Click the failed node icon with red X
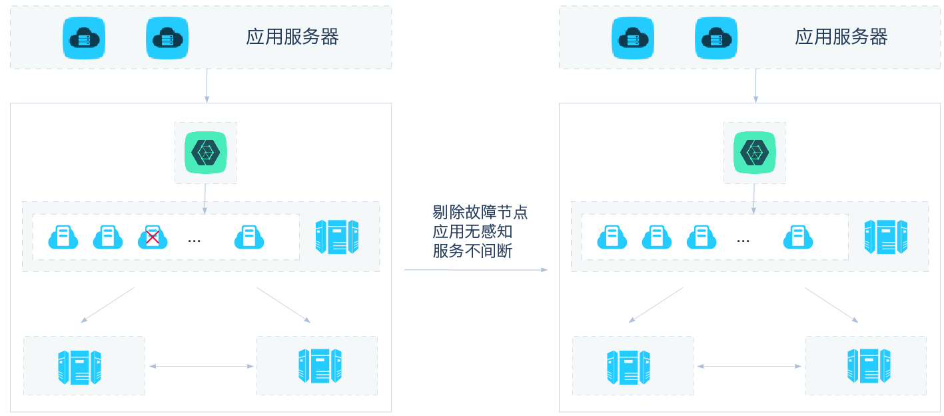pyautogui.click(x=153, y=237)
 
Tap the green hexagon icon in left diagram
pyautogui.click(x=206, y=153)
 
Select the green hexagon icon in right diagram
pyautogui.click(x=755, y=153)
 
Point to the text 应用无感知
pyautogui.click(x=472, y=232)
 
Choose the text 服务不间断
pyautogui.click(x=472, y=251)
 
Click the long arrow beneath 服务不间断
pyautogui.click(x=476, y=270)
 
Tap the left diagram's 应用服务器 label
pyautogui.click(x=292, y=37)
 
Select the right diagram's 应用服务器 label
pyautogui.click(x=841, y=37)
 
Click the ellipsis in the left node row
pyautogui.click(x=195, y=239)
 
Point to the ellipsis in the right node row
pyautogui.click(x=743, y=239)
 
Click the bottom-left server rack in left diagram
pyautogui.click(x=79, y=367)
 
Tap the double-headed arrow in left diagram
pyautogui.click(x=201, y=366)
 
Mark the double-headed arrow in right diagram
pyautogui.click(x=750, y=366)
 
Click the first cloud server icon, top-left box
pyautogui.click(x=85, y=38)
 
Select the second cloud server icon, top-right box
pyautogui.click(x=716, y=38)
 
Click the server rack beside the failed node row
pyautogui.click(x=337, y=237)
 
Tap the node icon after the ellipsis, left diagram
pyautogui.click(x=249, y=237)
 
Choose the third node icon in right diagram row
pyautogui.click(x=702, y=237)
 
